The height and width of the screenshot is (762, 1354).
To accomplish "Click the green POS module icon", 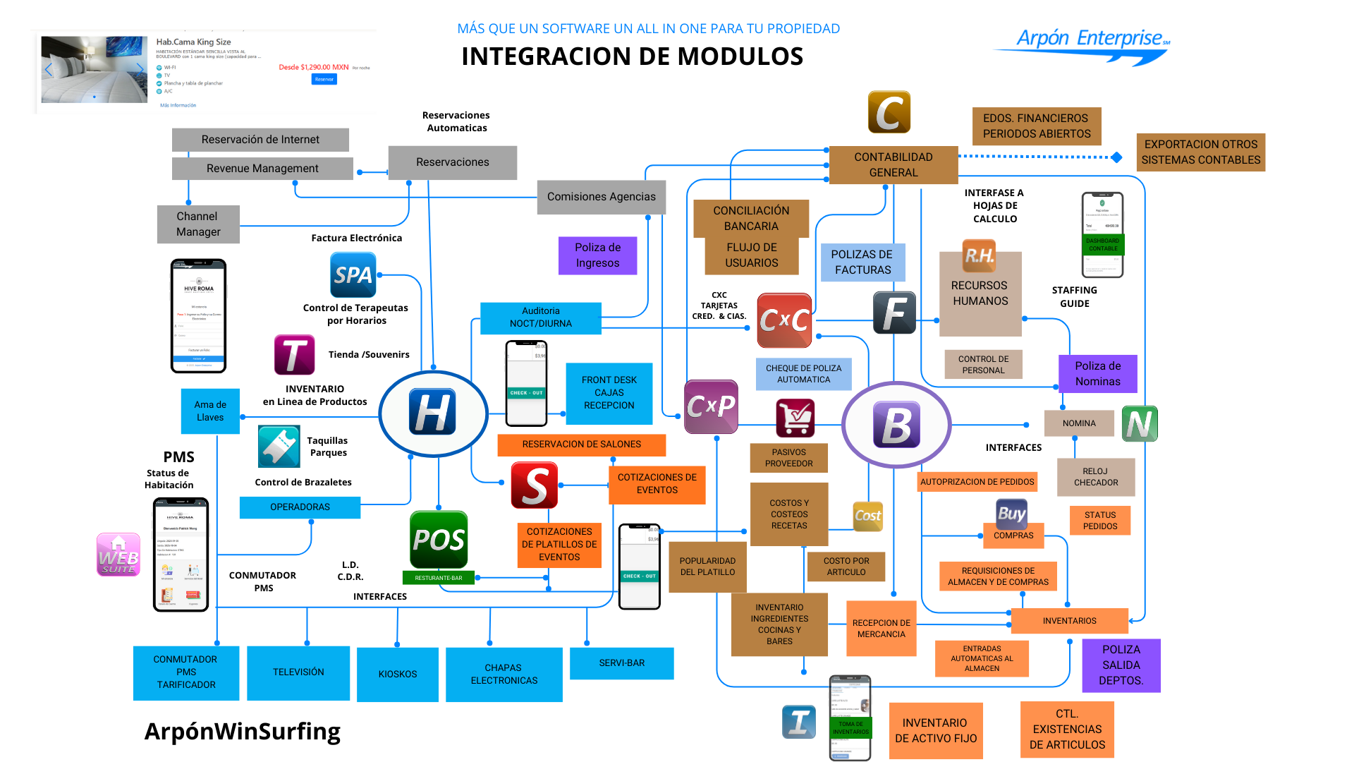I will point(439,540).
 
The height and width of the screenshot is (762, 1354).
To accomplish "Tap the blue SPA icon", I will point(353,275).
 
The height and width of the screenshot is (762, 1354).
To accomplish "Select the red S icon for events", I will point(535,485).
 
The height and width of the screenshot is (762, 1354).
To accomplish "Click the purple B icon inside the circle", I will point(896,425).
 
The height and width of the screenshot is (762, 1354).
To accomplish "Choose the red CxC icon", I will point(784,320).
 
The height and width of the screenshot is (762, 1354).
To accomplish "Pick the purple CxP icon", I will point(711,406).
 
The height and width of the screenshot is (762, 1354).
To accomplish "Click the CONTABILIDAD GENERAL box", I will point(893,164).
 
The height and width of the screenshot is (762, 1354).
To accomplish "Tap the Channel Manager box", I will point(198,224).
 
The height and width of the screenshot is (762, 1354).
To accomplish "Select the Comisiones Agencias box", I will point(601,197).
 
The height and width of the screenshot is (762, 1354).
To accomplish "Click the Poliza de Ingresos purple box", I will point(597,255).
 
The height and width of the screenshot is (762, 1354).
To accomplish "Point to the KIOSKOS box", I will point(398,675).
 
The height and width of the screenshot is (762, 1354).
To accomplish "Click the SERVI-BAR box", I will point(621,663).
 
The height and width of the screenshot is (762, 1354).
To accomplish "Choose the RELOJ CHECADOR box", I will point(1096,477).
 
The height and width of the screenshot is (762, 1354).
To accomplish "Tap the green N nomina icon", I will point(1140,424).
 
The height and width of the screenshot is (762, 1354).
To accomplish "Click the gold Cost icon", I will point(867,516).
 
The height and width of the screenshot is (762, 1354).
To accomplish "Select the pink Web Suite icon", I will point(118,555).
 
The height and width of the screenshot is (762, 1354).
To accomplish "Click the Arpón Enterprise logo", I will point(1090,44).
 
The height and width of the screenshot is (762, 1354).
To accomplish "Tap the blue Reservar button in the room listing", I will point(324,79).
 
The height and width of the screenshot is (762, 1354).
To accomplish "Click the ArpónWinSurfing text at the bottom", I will point(243,732).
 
